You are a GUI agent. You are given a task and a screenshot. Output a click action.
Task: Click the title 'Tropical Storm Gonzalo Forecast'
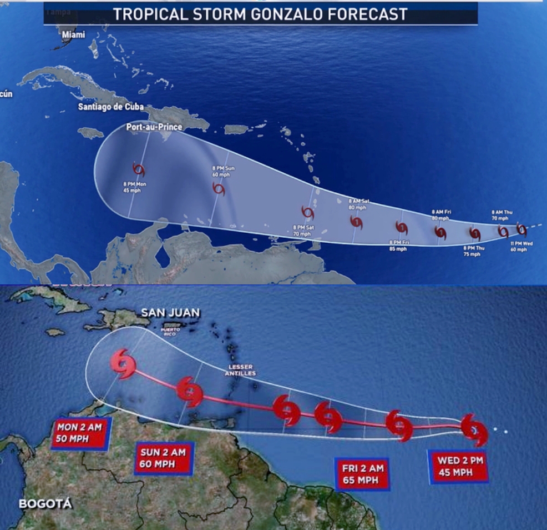coord(260,13)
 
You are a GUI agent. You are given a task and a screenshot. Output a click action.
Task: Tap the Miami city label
coord(74,35)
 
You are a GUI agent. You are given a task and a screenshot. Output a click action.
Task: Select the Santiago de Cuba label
coord(111,107)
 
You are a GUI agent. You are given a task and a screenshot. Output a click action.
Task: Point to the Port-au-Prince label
coord(154,127)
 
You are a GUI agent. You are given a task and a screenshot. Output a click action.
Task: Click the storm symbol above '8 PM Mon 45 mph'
coord(139,169)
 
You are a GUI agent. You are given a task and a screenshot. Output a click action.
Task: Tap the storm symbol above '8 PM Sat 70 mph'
coord(308,212)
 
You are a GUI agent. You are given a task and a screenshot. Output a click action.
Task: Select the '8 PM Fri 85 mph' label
coord(398,246)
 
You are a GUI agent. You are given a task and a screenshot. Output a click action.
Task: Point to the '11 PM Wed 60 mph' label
coord(519,246)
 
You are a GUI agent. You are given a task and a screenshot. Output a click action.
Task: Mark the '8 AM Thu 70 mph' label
coord(501,216)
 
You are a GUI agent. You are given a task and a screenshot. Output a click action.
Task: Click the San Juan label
coord(170,313)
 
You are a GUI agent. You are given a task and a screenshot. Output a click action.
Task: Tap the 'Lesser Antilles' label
coord(240,370)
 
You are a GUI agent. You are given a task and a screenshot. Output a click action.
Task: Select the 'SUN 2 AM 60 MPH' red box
coord(163,458)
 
